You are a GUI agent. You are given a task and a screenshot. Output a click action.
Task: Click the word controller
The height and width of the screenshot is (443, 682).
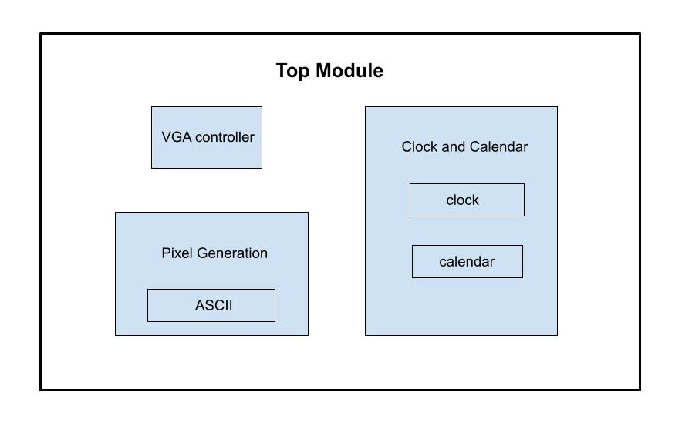[225, 138]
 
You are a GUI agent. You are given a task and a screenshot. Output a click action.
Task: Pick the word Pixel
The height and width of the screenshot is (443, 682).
[177, 253]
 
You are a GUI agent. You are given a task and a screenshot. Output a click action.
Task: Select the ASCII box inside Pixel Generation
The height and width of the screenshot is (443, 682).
[211, 306]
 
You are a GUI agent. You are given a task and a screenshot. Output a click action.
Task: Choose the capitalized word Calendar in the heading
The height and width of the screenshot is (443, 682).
[499, 147]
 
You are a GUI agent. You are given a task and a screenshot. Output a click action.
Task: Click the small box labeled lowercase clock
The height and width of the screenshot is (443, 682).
[467, 200]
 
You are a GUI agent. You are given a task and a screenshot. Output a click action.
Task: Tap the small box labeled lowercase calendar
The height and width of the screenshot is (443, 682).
[468, 262]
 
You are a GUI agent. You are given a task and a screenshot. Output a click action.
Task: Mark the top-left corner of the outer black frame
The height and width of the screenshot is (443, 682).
[41, 34]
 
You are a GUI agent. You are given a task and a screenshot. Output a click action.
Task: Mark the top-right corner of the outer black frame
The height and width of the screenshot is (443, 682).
[640, 34]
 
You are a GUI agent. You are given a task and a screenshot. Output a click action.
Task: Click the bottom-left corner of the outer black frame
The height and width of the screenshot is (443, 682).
[41, 390]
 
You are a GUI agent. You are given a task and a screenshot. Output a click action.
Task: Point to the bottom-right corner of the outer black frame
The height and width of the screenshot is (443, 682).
[640, 390]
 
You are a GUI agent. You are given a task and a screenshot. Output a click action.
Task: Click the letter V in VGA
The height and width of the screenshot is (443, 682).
[166, 138]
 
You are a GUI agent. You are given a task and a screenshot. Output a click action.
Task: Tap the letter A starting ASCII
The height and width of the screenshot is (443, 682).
[200, 306]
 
